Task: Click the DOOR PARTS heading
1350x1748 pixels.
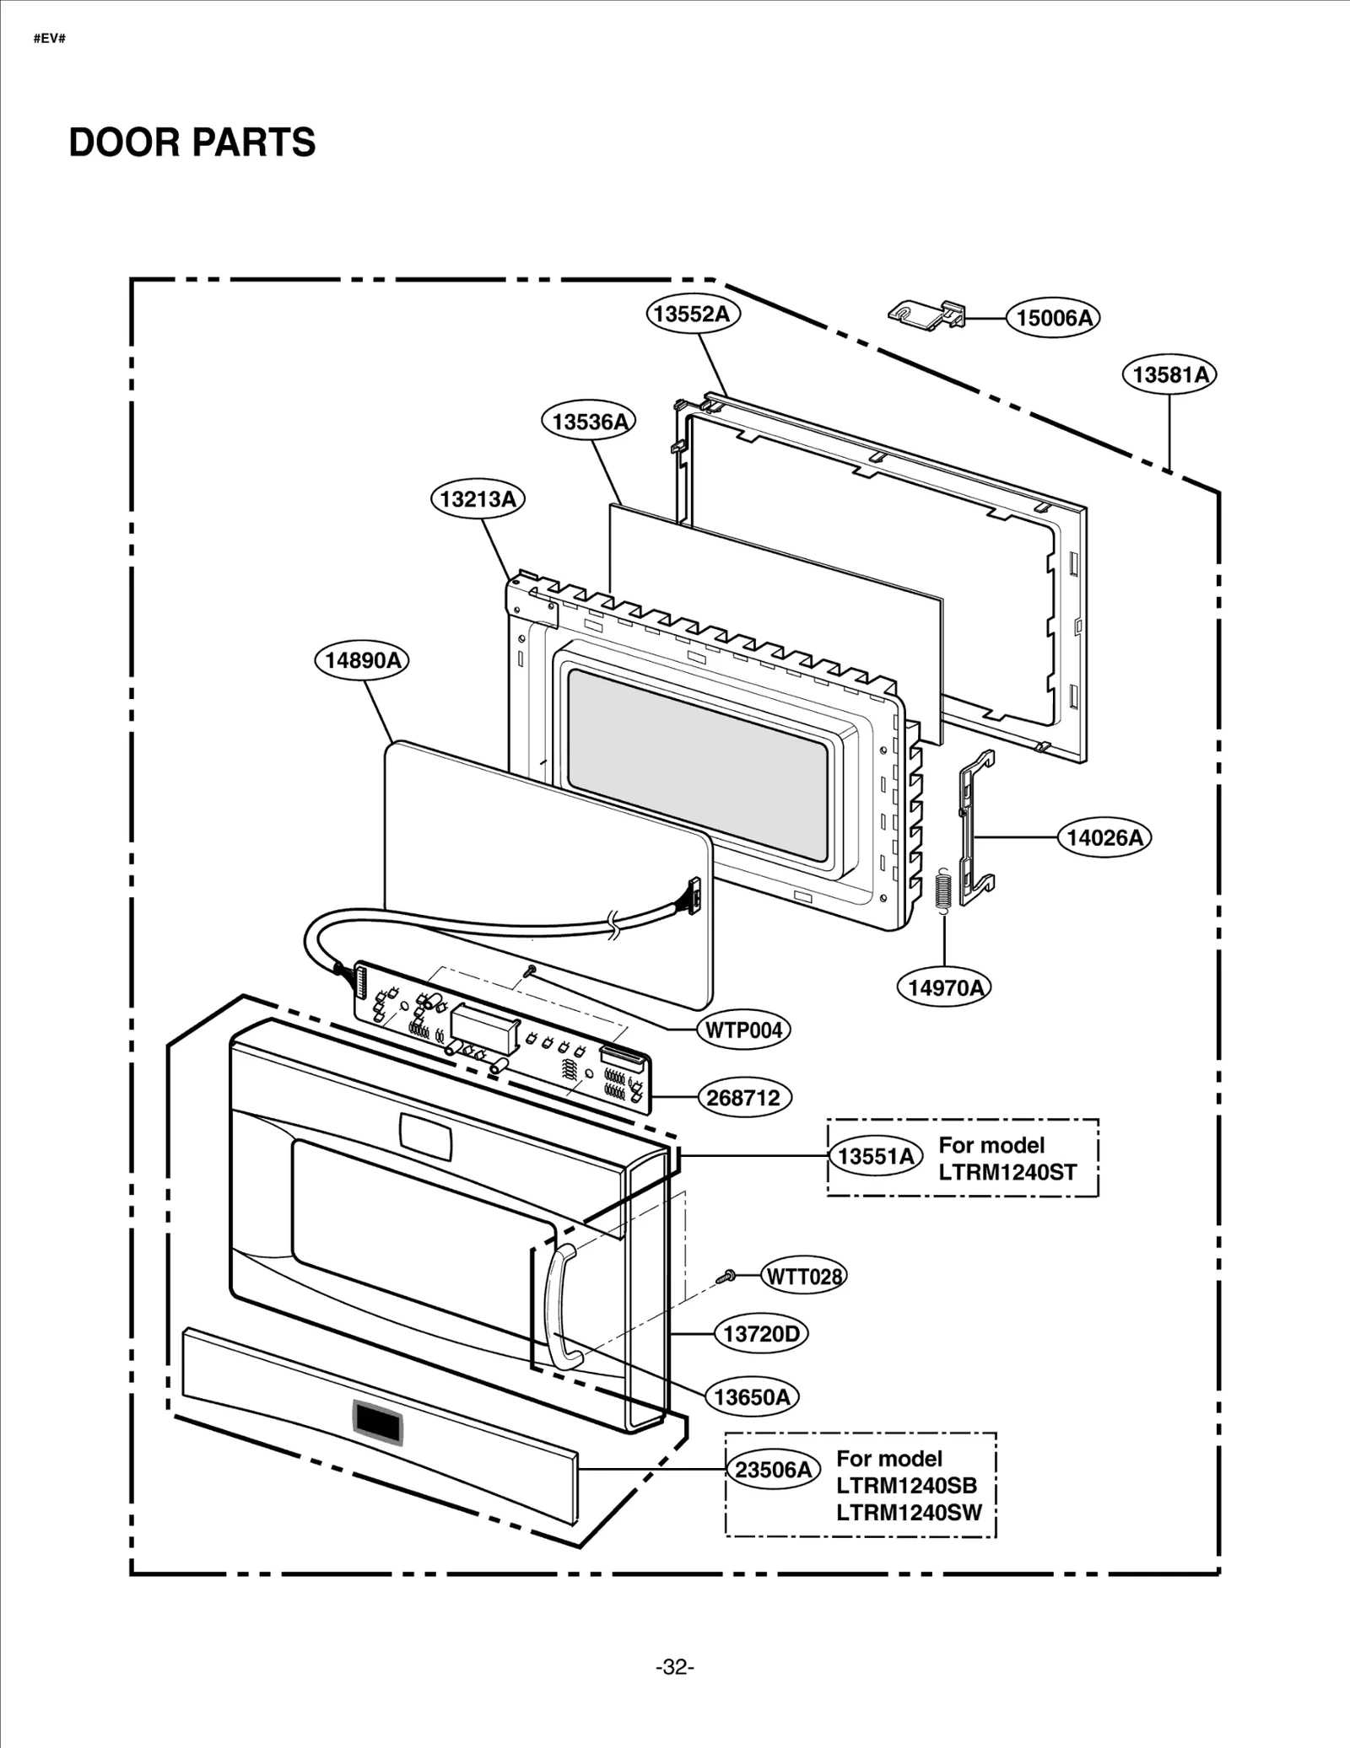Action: (192, 143)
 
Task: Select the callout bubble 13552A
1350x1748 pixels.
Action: (693, 314)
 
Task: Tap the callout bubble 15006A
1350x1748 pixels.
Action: (1053, 318)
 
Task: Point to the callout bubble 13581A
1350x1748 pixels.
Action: (1169, 374)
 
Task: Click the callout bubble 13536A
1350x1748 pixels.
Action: (588, 421)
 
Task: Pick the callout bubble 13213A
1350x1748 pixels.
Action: (478, 498)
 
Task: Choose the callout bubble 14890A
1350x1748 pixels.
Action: (362, 659)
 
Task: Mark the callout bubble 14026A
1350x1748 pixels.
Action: (1104, 837)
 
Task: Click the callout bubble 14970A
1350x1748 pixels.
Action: (944, 987)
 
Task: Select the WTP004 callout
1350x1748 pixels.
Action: (743, 1030)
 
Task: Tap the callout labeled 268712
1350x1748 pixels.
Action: (743, 1098)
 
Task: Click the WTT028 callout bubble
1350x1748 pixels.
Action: (803, 1277)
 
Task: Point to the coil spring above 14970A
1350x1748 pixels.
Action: (944, 890)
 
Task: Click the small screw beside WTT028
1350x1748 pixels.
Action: (726, 1277)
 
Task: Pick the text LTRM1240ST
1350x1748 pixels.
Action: (1007, 1172)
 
